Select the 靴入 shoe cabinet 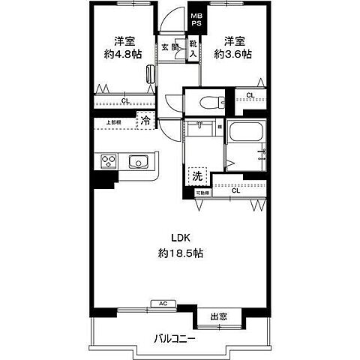(193, 49)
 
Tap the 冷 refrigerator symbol (145, 119)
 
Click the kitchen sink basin (139, 162)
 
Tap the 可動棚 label (202, 193)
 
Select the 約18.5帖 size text (180, 253)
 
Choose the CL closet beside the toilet (249, 95)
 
